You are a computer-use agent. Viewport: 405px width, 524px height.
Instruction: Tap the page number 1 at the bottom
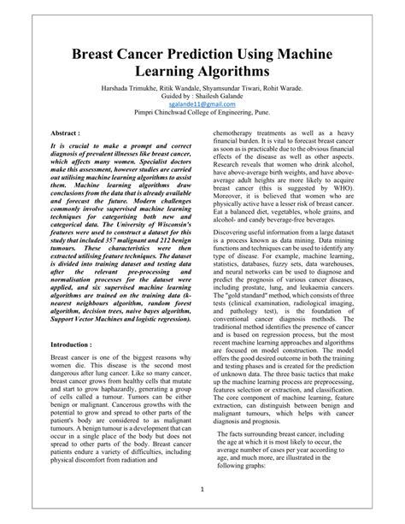click(202, 490)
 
